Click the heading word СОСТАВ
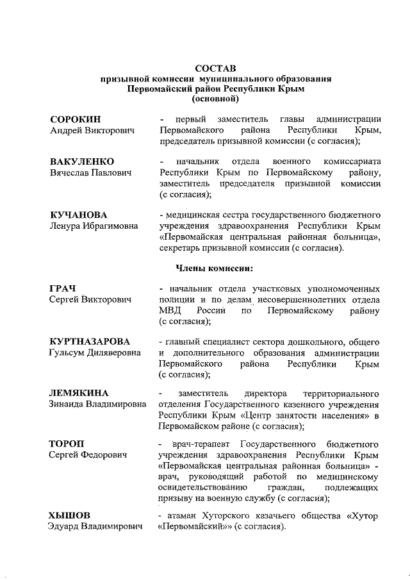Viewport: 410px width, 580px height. (x=215, y=67)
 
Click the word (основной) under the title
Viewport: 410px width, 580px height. (x=215, y=99)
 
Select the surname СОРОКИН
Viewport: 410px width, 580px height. (x=76, y=119)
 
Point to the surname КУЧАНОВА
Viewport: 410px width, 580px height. (x=79, y=214)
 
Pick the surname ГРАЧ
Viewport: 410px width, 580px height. (x=63, y=288)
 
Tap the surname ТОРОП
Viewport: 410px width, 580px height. (x=67, y=443)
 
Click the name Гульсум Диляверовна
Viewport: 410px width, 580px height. (x=96, y=352)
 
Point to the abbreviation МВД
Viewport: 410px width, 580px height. (x=168, y=311)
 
